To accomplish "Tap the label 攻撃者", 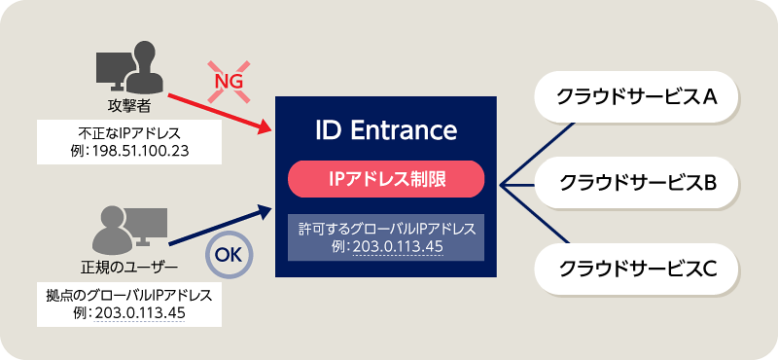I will tap(126, 104).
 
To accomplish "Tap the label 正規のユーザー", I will tap(126, 266).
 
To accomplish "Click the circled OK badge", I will tap(229, 256).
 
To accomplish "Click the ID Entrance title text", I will tap(387, 129).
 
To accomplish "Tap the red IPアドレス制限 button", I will tap(387, 178).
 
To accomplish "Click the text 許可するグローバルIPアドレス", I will tap(387, 228).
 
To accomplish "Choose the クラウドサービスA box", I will tap(636, 97).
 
